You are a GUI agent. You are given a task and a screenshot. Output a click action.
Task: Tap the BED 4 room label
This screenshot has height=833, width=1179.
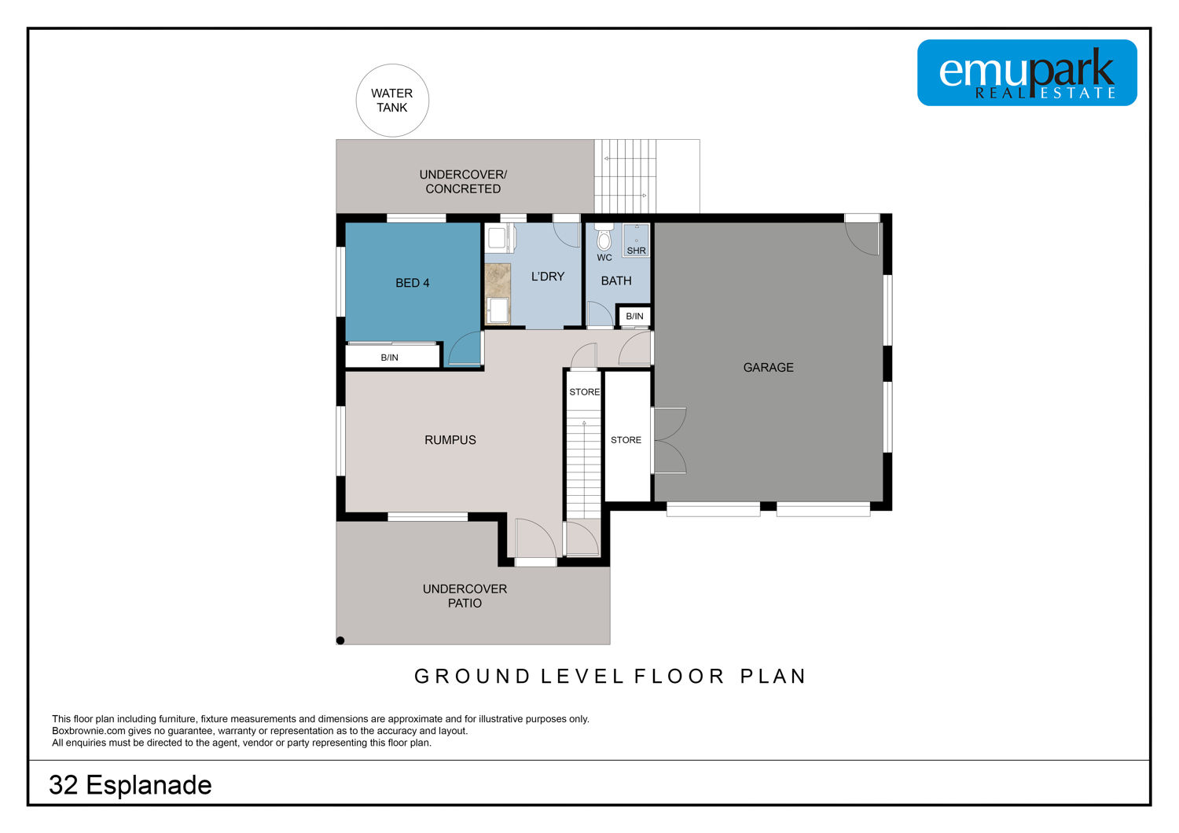[x=412, y=283]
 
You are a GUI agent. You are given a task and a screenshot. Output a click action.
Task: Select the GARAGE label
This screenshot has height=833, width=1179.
[x=768, y=367]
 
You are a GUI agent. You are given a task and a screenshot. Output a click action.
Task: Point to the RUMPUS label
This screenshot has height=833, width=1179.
[x=450, y=440]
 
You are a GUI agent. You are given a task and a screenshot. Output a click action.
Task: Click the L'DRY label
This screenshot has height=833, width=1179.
[x=547, y=277]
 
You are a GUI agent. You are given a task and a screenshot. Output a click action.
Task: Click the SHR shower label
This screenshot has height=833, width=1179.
[x=637, y=251]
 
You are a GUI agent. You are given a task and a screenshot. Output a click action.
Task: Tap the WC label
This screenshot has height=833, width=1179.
[x=604, y=258]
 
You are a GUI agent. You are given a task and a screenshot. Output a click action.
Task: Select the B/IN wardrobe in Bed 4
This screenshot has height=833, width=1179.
[x=392, y=356]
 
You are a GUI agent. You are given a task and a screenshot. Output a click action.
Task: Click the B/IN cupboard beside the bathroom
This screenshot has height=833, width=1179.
[x=634, y=316]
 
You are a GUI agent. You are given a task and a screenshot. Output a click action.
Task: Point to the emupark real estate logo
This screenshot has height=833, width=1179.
[x=1027, y=72]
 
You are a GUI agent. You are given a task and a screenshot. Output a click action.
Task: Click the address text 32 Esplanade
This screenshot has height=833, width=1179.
[x=130, y=784]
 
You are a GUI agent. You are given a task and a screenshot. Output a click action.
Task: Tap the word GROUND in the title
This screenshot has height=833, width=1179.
[x=472, y=676]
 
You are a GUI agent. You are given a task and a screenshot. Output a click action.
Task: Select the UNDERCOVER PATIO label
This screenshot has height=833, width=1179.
[x=465, y=596]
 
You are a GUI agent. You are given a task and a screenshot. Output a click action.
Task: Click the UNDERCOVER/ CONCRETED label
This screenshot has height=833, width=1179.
[x=463, y=182]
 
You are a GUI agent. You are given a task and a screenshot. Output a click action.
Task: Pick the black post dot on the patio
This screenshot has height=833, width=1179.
[x=340, y=640]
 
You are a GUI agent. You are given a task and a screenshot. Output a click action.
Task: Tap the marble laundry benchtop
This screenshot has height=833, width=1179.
[x=498, y=281]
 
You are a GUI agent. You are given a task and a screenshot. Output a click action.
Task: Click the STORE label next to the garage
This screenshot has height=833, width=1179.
[x=626, y=440]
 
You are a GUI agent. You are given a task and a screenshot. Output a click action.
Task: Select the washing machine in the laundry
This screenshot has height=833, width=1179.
[x=497, y=238]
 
